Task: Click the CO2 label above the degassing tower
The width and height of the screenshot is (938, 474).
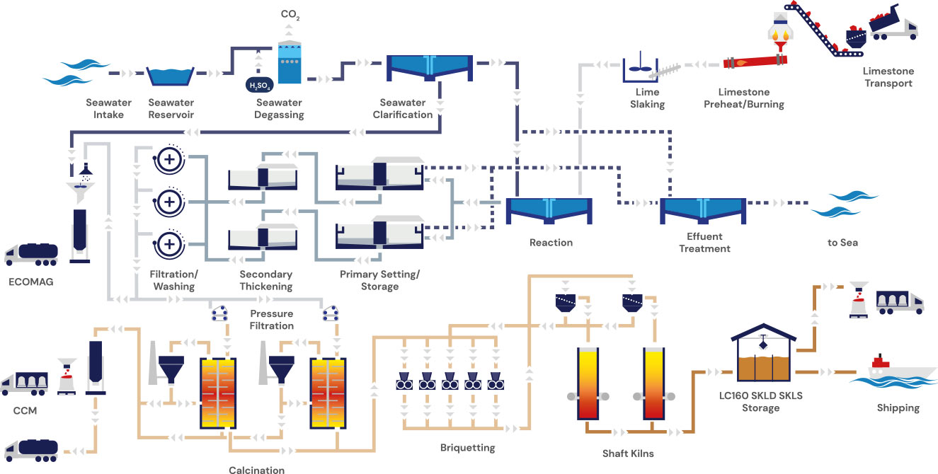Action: (x=290, y=15)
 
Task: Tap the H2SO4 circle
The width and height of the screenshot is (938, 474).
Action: (x=258, y=86)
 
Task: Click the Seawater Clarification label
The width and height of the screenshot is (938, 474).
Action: (x=406, y=109)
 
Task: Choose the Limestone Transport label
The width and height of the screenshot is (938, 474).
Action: (x=888, y=77)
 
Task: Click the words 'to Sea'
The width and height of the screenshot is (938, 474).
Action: (x=842, y=243)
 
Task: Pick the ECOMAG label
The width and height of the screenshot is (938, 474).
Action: (x=31, y=281)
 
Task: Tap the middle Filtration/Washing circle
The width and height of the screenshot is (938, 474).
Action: (x=169, y=202)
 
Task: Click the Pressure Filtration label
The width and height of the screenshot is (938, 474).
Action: (x=271, y=320)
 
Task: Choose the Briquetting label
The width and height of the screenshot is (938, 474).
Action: (x=468, y=447)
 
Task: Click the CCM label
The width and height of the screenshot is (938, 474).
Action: (x=25, y=410)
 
